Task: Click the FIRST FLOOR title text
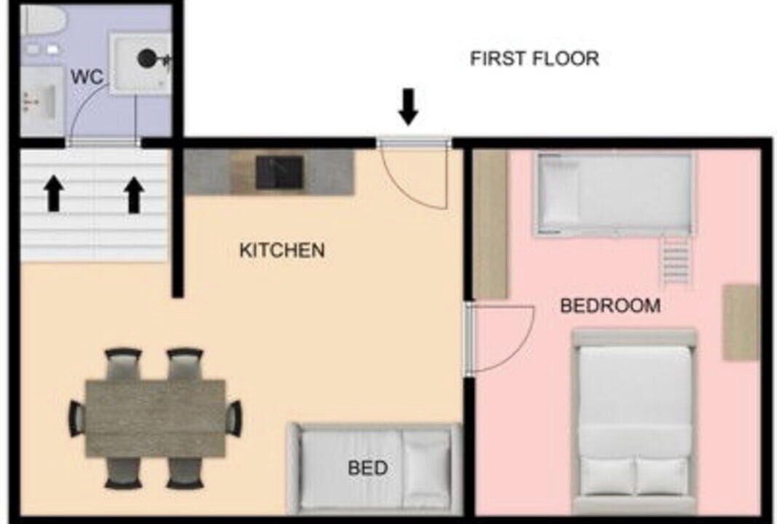pos(534,58)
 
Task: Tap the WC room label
pos(87,77)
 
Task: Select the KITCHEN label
pos(282,250)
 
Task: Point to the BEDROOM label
pos(610,306)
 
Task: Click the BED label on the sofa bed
pos(367,468)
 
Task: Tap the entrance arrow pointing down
pos(408,107)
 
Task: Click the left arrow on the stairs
pos(54,194)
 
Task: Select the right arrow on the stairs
pos(133,195)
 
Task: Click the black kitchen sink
pos(279,172)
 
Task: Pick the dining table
pos(156,418)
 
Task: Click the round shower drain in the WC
pos(147,59)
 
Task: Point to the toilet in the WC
pos(44,20)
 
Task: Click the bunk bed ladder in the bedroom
pos(675,260)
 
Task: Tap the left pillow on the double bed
pos(607,476)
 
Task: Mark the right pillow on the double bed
pos(661,476)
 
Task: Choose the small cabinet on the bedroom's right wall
pos(741,322)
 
